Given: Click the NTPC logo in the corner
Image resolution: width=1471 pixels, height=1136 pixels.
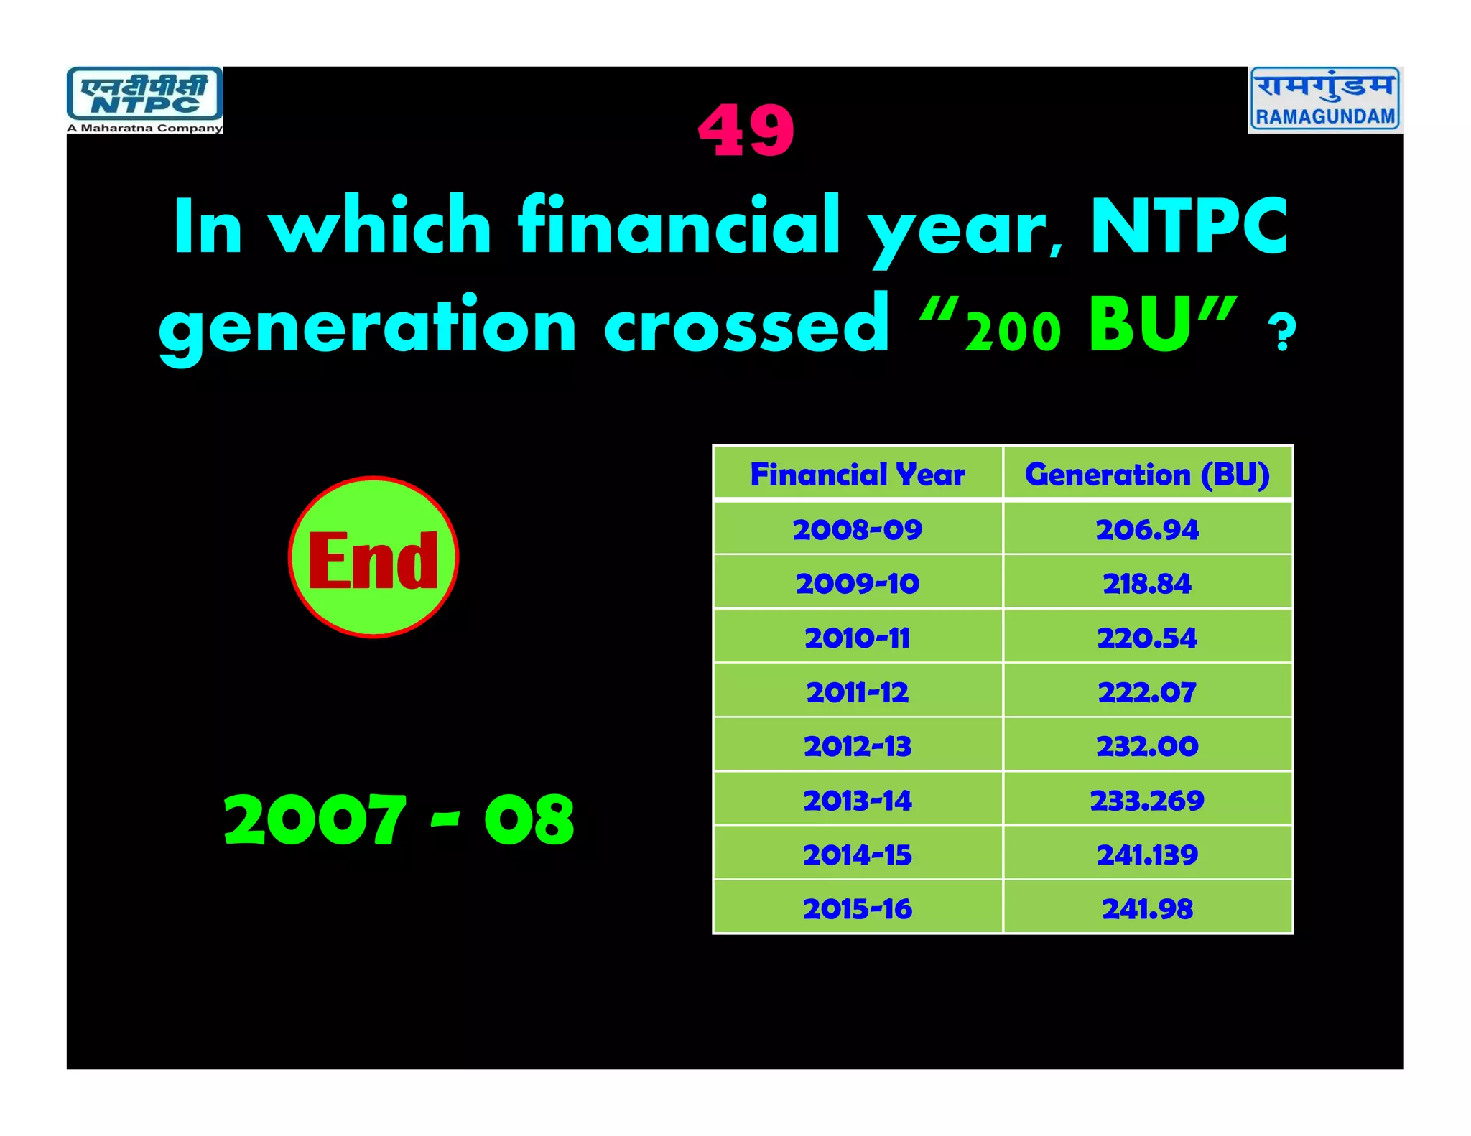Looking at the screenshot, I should (144, 100).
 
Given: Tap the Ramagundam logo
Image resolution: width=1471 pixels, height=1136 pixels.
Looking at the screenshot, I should (1325, 100).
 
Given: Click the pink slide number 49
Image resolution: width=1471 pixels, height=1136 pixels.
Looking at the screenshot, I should (746, 131).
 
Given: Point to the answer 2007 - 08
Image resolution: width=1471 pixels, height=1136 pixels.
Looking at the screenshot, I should (399, 819).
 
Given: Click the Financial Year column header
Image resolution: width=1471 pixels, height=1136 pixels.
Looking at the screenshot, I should (858, 475).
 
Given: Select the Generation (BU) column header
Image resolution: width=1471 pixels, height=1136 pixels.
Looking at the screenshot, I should (1147, 475).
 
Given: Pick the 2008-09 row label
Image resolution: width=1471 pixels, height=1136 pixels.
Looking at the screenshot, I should (858, 530).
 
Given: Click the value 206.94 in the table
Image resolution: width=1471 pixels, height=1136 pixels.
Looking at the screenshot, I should (1147, 530).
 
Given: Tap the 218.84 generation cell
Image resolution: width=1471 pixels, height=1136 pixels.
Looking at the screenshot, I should (1147, 584).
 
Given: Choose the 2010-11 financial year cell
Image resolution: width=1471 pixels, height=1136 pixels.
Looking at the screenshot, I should (858, 638).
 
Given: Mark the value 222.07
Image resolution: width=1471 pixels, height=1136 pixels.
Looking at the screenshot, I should (1147, 692).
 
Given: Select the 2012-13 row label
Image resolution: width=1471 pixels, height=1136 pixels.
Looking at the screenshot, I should (858, 746).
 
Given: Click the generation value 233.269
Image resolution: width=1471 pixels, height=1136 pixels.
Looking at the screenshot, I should (1147, 801).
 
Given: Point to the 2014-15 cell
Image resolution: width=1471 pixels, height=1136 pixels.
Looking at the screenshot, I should (858, 855).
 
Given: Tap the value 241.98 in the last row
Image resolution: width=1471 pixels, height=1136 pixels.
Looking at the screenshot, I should (1147, 909).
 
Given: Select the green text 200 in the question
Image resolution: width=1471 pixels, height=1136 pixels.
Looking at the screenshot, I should (1013, 332).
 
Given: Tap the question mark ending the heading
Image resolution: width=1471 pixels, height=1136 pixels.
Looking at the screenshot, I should (1281, 333).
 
